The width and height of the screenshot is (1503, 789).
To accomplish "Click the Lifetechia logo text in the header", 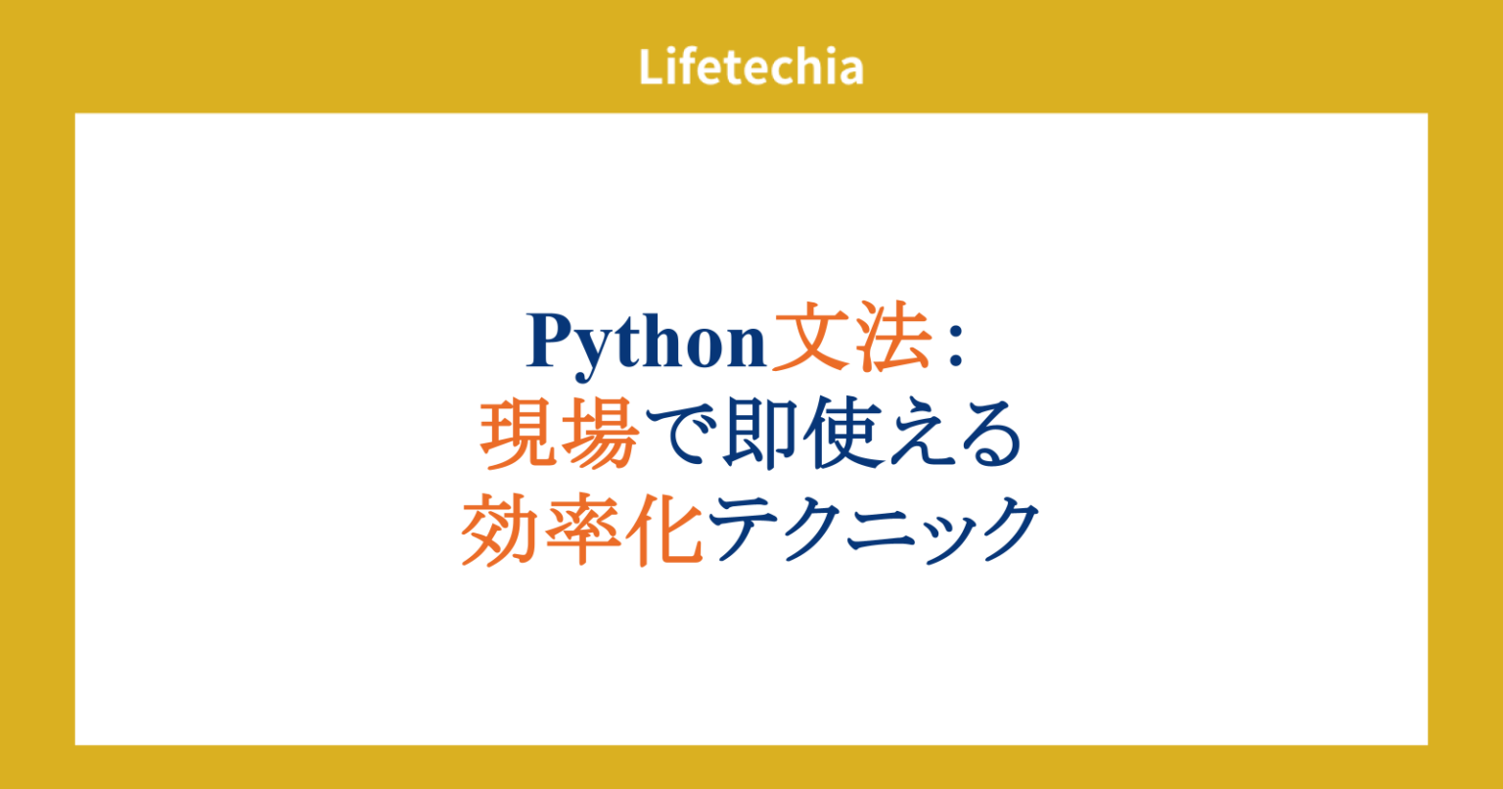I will (751, 68).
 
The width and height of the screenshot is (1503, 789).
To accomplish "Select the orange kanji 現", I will (519, 440).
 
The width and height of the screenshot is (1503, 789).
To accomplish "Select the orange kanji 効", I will (500, 530).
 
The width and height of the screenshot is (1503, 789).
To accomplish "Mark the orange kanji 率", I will (581, 530).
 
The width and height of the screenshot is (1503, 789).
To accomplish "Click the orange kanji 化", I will (662, 530).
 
